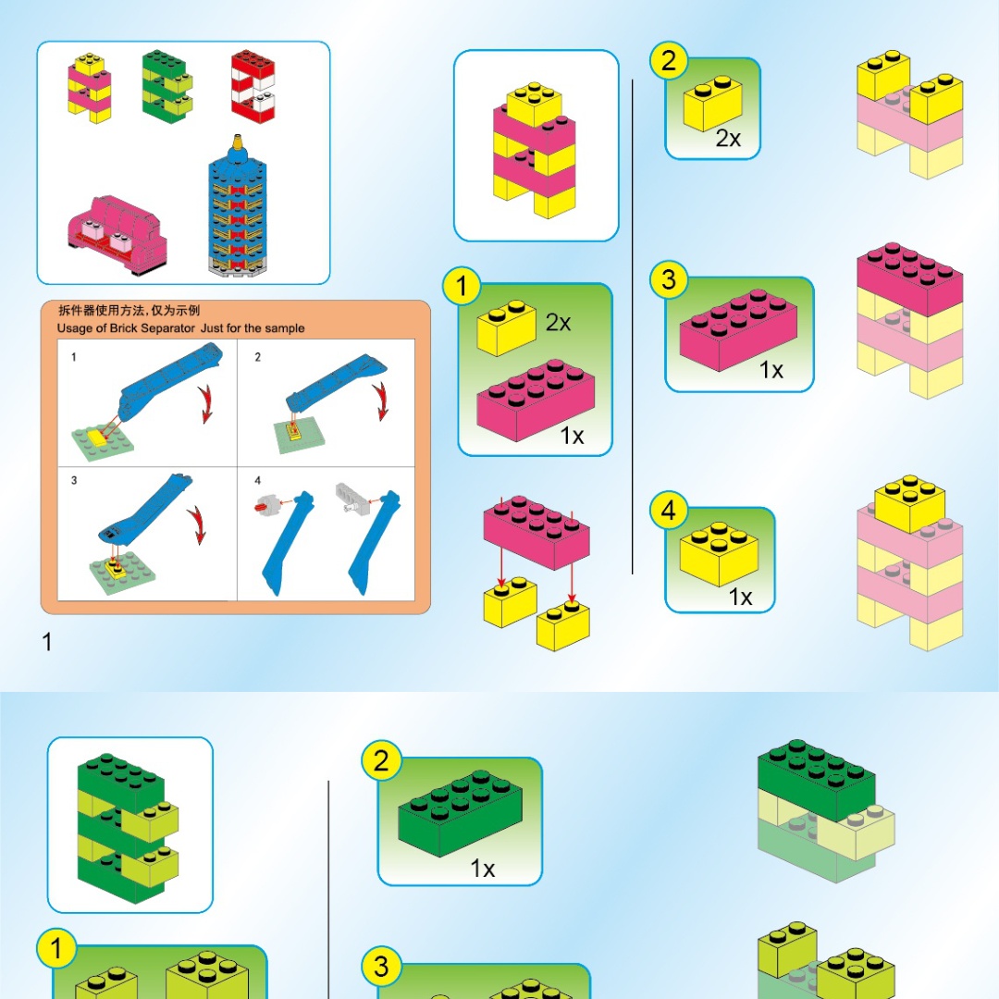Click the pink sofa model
point(117,234)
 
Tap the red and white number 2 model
point(253,86)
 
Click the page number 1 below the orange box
point(46,642)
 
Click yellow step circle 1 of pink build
point(462,286)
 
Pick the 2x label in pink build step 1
point(558,323)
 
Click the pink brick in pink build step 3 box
point(738,329)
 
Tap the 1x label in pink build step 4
point(740,597)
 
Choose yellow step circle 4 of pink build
point(669,510)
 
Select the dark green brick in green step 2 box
point(460,812)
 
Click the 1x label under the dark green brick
point(482,868)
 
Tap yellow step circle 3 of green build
point(381,966)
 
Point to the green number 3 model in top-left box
point(166,86)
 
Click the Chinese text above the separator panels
point(129,310)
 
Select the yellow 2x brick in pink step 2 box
point(713,104)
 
